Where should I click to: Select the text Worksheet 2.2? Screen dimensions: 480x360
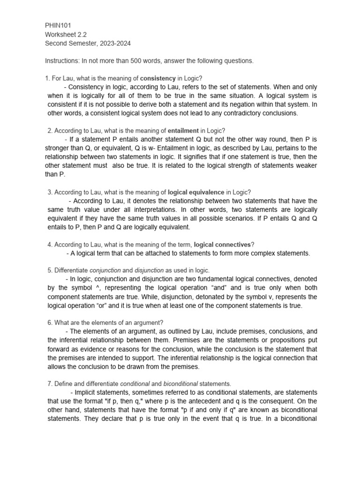pyautogui.click(x=66, y=34)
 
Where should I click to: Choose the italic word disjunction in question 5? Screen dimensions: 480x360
pyautogui.click(x=149, y=270)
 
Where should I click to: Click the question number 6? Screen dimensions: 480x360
pyautogui.click(x=50, y=323)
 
